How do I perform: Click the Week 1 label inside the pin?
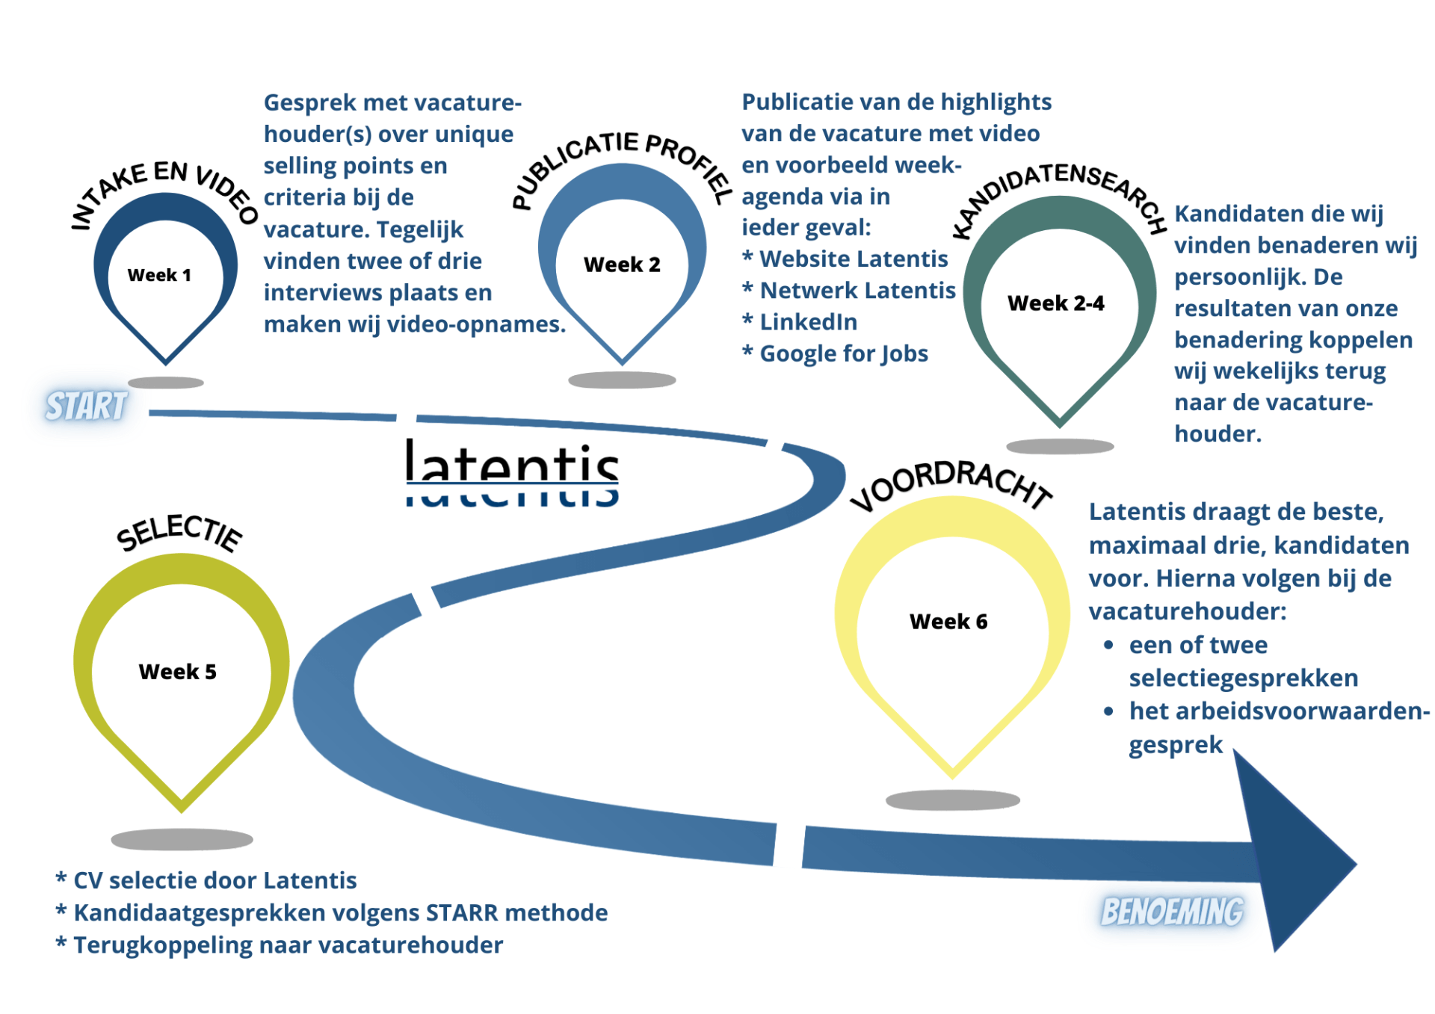159,275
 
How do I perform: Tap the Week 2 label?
622,265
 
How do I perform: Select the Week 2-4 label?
1055,303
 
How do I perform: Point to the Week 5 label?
177,672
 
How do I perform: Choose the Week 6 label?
948,622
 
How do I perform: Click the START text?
87,406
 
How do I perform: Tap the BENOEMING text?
1172,912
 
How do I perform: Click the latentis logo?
512,471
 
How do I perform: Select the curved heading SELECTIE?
179,534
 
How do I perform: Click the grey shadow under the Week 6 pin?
952,800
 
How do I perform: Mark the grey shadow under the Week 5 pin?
182,839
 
